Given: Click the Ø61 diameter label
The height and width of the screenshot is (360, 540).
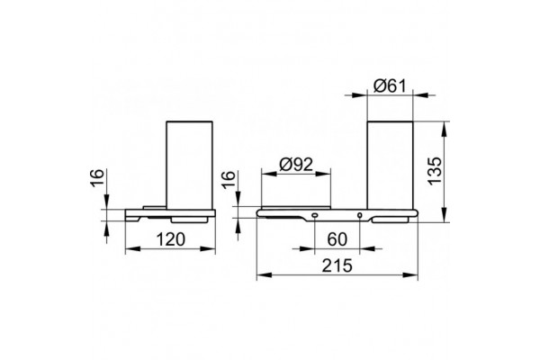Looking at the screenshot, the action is pos(390,86).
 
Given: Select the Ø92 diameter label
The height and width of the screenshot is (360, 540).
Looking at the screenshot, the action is pos(296,165).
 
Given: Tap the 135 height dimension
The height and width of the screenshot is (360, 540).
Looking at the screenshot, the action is pos(435,171).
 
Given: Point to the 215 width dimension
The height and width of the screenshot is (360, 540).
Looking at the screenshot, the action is pos(337,265).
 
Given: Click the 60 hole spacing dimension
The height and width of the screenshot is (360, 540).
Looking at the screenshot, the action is pos(337,239).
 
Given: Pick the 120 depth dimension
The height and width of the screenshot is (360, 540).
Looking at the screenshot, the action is pos(170,239).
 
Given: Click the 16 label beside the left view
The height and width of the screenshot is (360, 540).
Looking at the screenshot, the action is pos(97,178).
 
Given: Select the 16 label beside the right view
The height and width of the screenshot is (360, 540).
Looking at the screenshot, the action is pos(228,178).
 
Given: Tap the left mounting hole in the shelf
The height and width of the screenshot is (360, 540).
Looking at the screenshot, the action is pos(315,215).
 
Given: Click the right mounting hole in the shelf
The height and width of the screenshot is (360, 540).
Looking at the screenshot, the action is pos(359,215).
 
